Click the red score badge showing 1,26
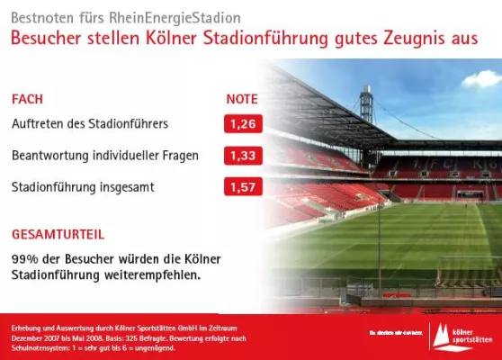(243, 123)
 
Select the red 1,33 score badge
(243, 156)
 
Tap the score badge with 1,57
(243, 188)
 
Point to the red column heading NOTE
(241, 99)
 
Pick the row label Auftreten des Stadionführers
(89, 123)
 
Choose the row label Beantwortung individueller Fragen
(105, 156)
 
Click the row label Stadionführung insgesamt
(83, 188)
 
